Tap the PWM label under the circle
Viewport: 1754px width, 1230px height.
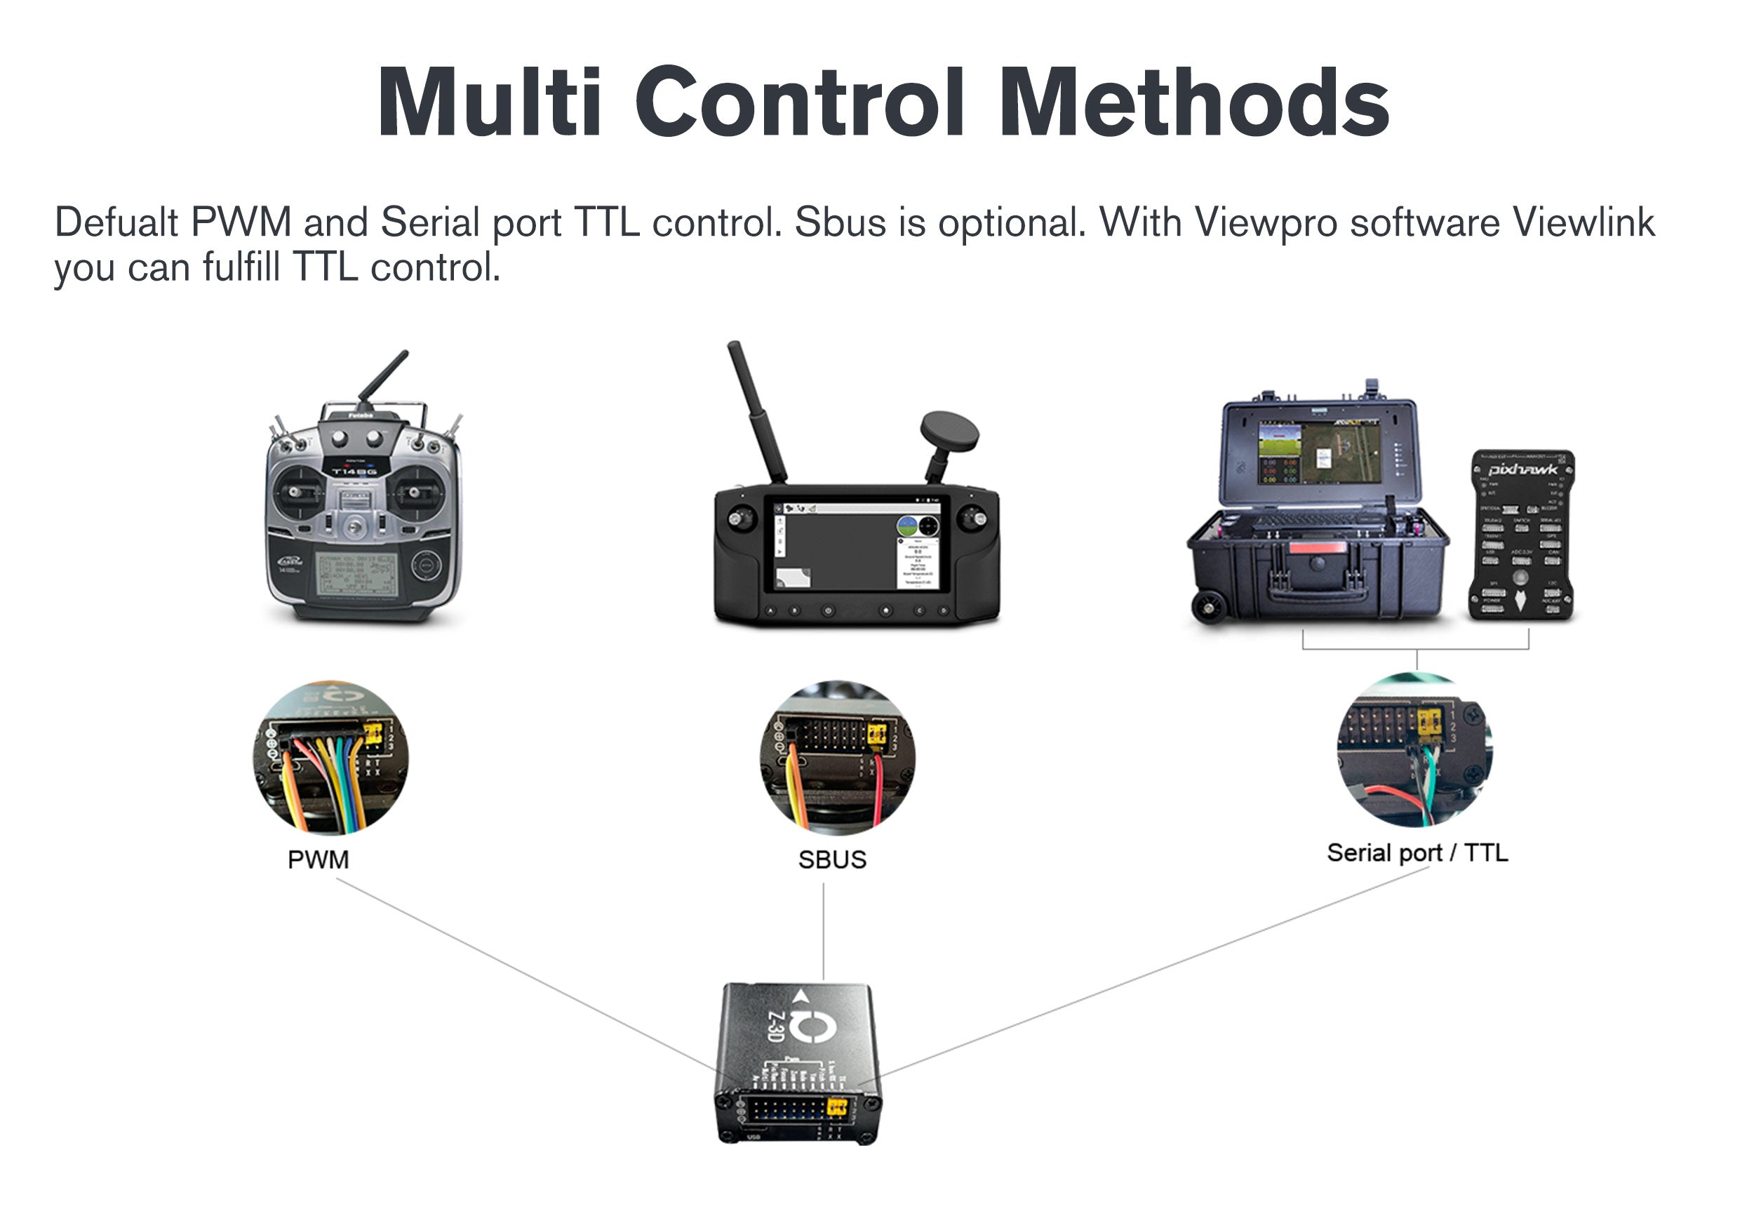318,860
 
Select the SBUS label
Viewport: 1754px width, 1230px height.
832,860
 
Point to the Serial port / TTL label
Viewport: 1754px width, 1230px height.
1417,853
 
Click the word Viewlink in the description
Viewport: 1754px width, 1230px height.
1584,223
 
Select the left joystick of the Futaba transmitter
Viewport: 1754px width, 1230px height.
297,491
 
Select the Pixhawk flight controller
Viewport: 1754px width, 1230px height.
1521,535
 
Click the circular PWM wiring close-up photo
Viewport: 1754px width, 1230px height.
330,758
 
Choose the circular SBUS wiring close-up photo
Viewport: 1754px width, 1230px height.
837,758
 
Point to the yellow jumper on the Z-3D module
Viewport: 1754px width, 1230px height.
837,1106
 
